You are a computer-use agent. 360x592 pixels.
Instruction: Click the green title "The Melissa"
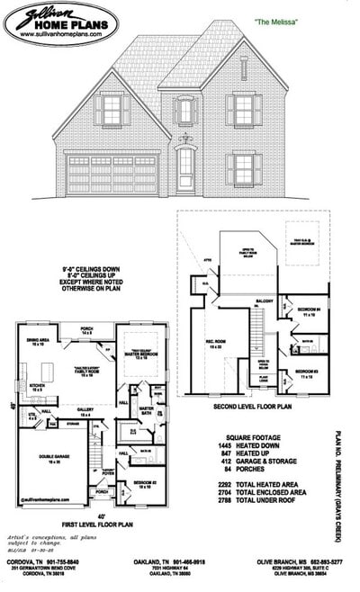pos(276,19)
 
